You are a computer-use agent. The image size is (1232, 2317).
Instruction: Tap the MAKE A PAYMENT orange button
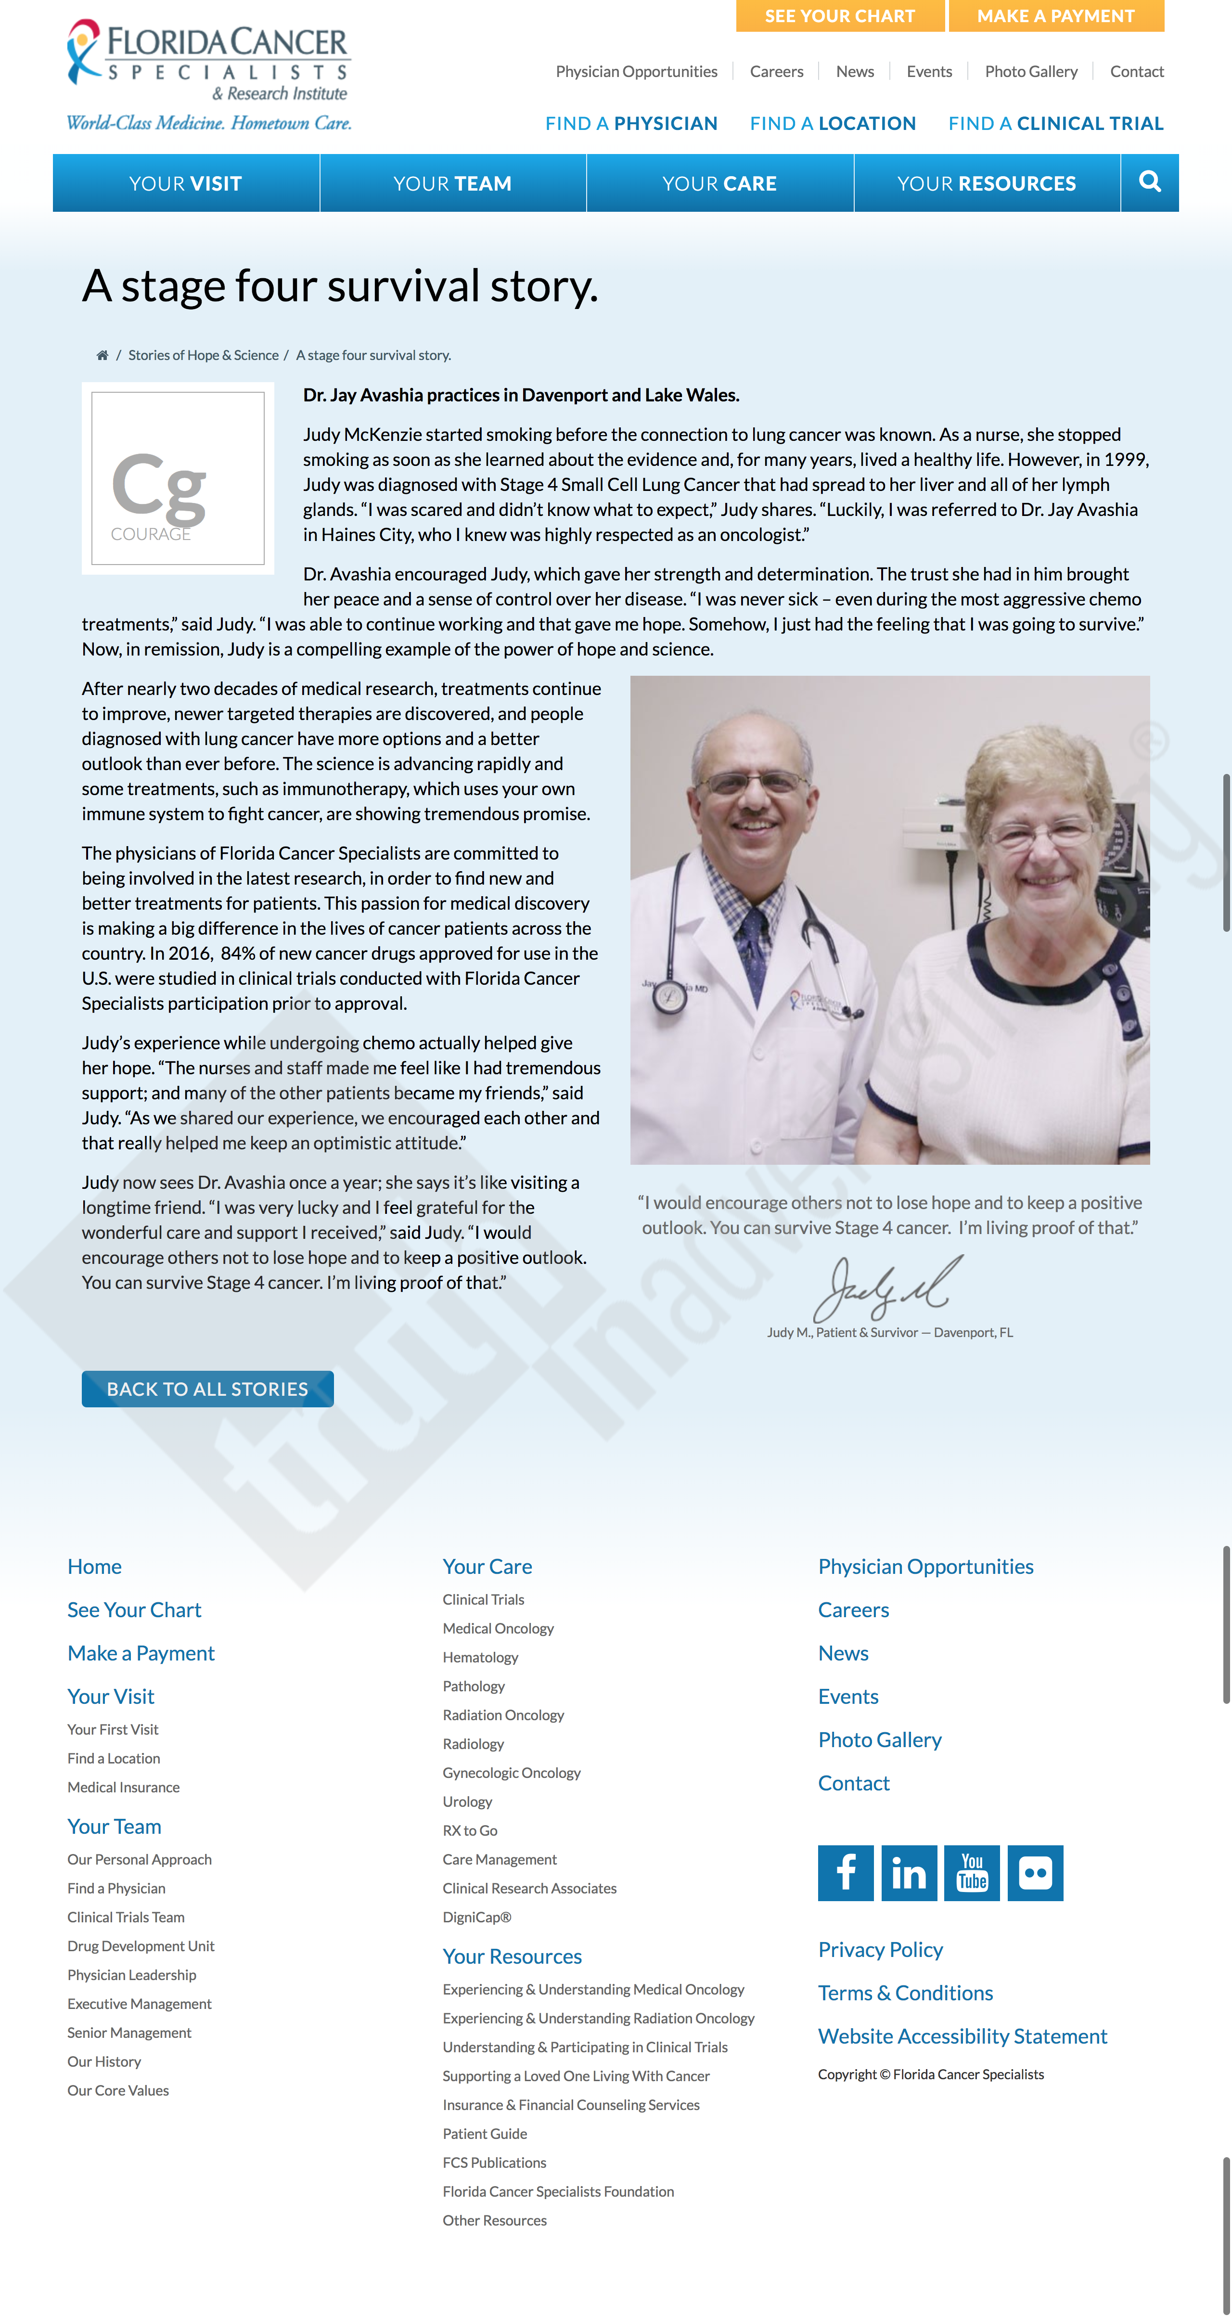tap(1056, 16)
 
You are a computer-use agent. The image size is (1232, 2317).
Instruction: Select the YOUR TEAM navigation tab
tap(452, 183)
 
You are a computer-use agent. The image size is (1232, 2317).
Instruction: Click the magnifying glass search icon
tap(1149, 182)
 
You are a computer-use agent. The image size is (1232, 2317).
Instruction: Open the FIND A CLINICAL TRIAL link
tap(1056, 123)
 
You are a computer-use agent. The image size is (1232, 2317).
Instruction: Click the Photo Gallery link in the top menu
tap(1030, 72)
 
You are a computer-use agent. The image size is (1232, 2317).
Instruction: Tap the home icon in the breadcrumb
tap(103, 355)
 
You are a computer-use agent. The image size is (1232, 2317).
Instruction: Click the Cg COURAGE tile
tap(178, 478)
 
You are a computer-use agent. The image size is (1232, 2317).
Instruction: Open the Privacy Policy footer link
tap(880, 1950)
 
